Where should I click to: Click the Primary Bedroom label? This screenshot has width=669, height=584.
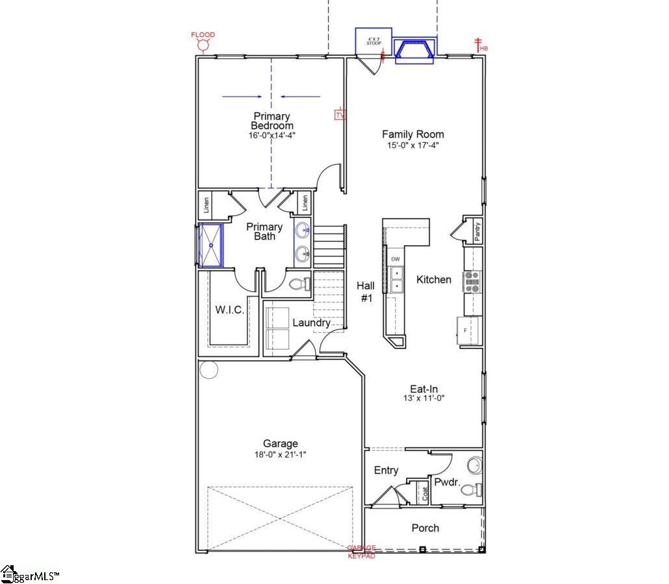(271, 121)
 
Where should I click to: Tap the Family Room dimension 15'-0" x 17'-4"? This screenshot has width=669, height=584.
(412, 145)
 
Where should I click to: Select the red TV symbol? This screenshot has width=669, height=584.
(340, 115)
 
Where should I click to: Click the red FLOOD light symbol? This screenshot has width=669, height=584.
(203, 43)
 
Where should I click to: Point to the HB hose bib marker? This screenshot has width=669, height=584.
(481, 45)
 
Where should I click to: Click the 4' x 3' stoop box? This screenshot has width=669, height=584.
(373, 42)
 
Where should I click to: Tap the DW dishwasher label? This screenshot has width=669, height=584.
(396, 260)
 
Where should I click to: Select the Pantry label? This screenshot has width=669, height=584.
(477, 232)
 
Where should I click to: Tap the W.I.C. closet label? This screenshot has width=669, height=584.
(230, 310)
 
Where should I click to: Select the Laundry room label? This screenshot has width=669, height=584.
(311, 322)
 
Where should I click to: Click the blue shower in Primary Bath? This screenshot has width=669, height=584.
(210, 245)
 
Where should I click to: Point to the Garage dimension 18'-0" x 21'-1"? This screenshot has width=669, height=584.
(281, 455)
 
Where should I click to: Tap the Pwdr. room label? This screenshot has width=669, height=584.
(448, 482)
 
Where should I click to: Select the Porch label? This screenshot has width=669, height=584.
(425, 528)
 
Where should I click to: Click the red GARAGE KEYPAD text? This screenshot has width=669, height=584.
(362, 552)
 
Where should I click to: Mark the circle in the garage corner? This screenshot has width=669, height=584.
(209, 370)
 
